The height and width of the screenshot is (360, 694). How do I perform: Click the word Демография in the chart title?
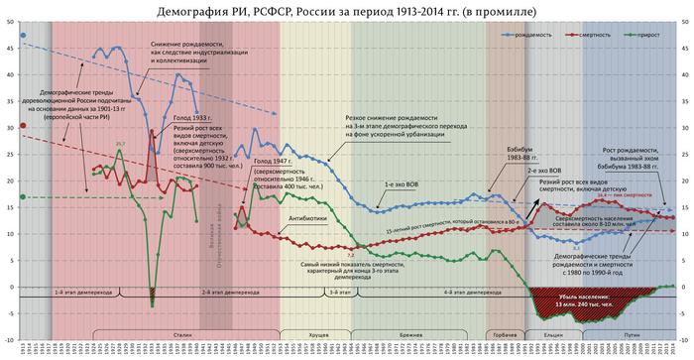pyautogui.click(x=197, y=10)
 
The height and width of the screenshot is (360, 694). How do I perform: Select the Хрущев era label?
pyautogui.click(x=318, y=337)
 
